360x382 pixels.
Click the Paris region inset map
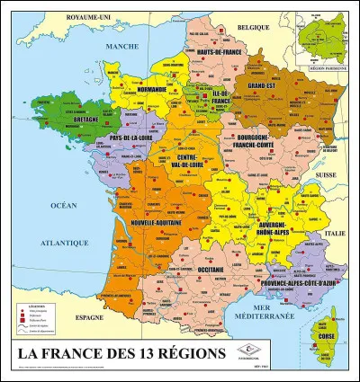coord(326,39)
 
